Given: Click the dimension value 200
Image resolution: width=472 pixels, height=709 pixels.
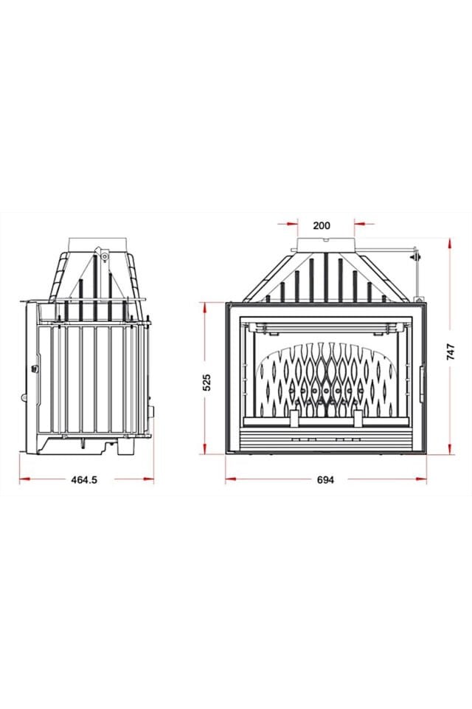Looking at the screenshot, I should [x=322, y=225].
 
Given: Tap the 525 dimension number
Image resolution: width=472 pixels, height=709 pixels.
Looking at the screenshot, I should [x=207, y=382].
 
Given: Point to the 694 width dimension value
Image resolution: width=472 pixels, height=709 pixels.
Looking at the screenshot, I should [x=325, y=479].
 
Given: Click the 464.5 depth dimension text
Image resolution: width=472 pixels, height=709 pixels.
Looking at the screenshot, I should [x=84, y=479].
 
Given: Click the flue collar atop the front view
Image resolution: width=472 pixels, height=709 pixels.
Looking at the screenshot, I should [x=325, y=244].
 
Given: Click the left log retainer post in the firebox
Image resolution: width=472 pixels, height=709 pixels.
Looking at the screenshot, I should [x=294, y=418].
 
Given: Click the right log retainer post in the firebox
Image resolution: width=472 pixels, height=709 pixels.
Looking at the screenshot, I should [x=358, y=418].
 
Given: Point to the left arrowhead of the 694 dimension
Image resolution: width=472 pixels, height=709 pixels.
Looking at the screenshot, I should [x=229, y=479].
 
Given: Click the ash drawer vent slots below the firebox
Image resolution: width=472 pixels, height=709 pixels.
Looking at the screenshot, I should [x=325, y=437].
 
